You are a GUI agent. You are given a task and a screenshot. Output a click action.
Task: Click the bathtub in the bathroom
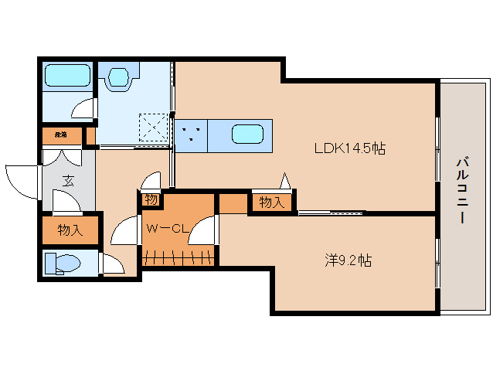pyautogui.click(x=68, y=76)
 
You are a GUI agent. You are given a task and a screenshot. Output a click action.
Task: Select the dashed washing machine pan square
pyautogui.click(x=154, y=127)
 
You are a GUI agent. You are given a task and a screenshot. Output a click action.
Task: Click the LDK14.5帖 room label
pyautogui.click(x=348, y=149)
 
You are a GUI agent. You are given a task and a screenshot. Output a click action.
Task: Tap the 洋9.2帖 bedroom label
pyautogui.click(x=347, y=260)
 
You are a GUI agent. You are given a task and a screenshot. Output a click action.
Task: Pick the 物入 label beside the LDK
pyautogui.click(x=272, y=203)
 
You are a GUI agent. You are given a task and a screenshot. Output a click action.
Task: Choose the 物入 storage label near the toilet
pyautogui.click(x=70, y=230)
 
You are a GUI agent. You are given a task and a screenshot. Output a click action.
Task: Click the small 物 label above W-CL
pyautogui.click(x=151, y=199)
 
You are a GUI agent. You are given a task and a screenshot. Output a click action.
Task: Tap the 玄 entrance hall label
pyautogui.click(x=67, y=182)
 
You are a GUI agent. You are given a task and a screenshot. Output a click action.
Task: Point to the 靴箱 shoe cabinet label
pyautogui.click(x=60, y=135)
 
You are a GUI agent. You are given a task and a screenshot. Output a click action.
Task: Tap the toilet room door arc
pyautogui.click(x=113, y=264)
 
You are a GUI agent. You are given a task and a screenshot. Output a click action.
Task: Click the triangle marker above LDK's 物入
pyautogui.click(x=285, y=182)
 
